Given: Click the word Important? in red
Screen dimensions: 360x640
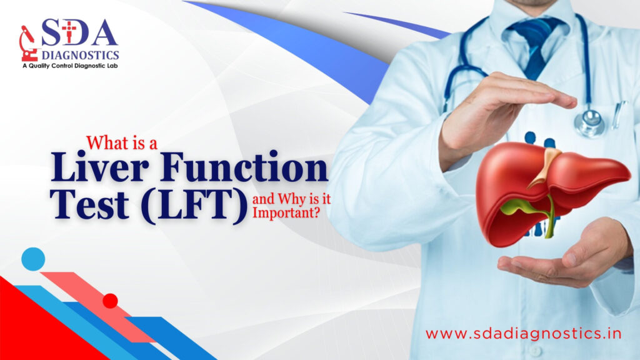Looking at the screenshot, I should pos(284,212).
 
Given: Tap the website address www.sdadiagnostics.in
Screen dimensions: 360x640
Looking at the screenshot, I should pos(522,333).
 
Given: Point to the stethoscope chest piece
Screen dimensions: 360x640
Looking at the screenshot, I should pos(589,122).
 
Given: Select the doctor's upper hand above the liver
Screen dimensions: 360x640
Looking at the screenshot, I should pos(500,106).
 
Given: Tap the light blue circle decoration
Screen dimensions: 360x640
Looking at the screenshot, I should pos(33,259).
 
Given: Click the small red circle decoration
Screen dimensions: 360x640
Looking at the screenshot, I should pos(111,301).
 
